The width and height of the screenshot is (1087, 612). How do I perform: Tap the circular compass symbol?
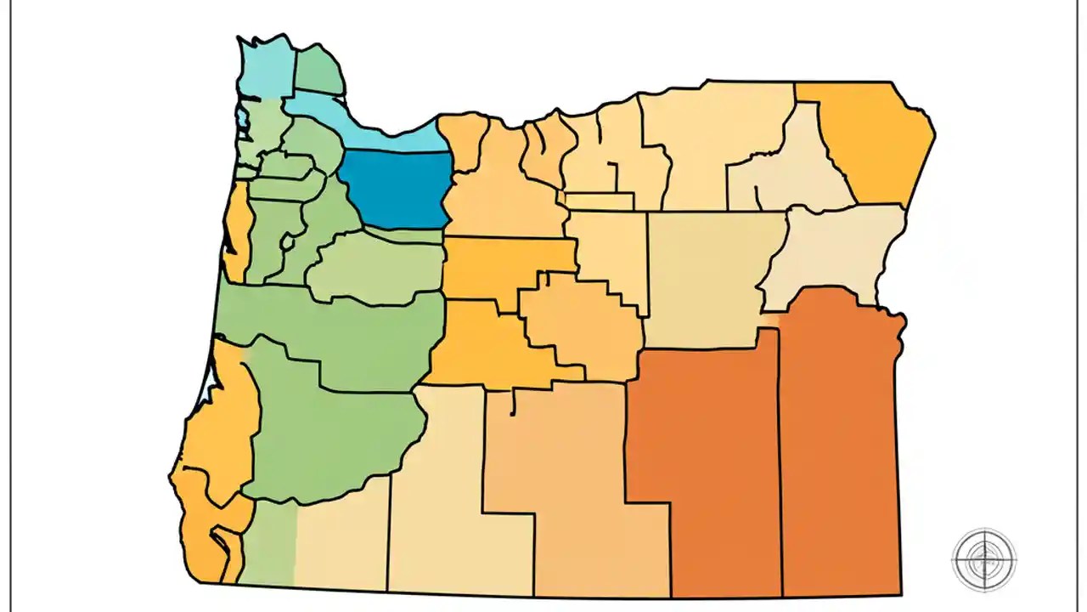[x=983, y=559]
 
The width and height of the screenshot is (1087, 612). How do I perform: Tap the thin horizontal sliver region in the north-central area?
[x=600, y=201]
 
